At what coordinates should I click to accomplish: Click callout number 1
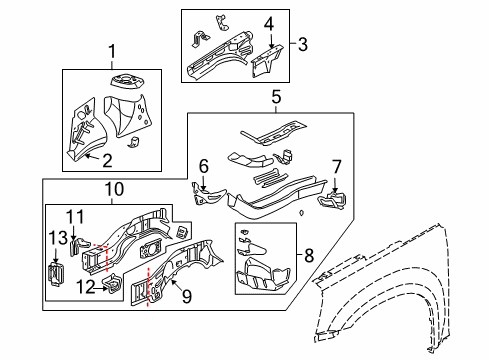(113, 52)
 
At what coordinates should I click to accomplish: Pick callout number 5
(277, 97)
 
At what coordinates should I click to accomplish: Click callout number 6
(202, 167)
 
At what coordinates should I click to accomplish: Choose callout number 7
(336, 166)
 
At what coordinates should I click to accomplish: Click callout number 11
(73, 216)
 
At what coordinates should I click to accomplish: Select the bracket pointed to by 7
(331, 202)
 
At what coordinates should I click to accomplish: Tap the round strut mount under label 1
(128, 78)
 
